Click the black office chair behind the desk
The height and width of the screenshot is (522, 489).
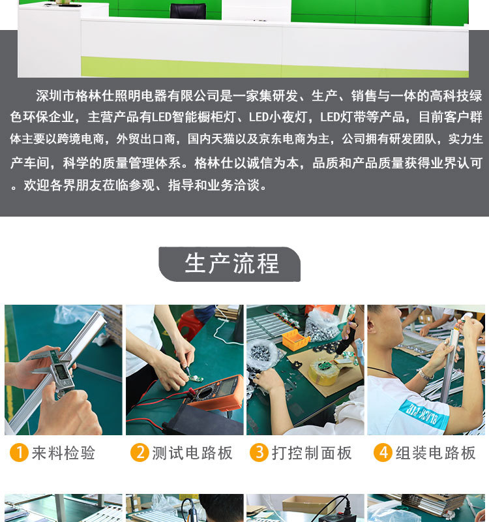pyautogui.click(x=187, y=11)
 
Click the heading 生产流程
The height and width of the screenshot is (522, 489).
pyautogui.click(x=231, y=264)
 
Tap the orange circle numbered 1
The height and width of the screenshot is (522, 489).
pyautogui.click(x=19, y=453)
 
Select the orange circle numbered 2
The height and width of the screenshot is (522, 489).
pyautogui.click(x=140, y=453)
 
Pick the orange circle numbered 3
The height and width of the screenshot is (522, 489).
pyautogui.click(x=259, y=453)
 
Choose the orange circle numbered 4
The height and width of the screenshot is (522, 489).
pyautogui.click(x=383, y=453)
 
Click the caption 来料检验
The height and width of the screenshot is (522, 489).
pyautogui.click(x=63, y=453)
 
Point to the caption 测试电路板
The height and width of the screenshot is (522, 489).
pyautogui.click(x=192, y=453)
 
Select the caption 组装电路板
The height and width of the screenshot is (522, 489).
pyautogui.click(x=436, y=453)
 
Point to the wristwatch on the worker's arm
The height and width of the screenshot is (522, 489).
pyautogui.click(x=426, y=374)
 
